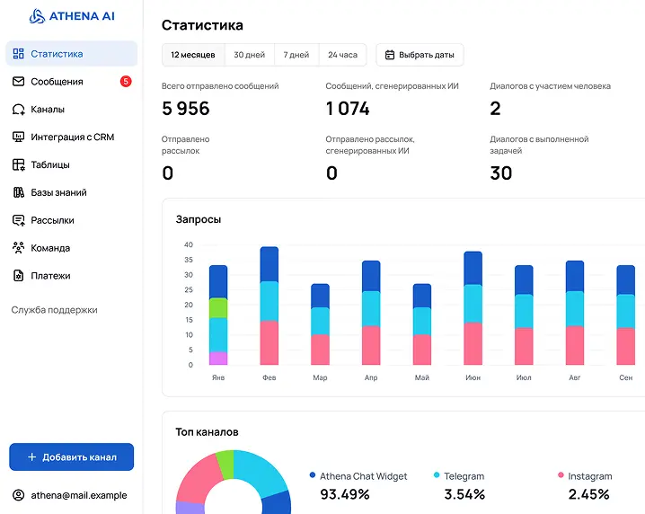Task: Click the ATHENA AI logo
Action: click(72, 15)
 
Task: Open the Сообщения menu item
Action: click(57, 82)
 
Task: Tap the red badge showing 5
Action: click(126, 82)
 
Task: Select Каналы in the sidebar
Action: click(47, 110)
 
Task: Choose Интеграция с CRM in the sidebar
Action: click(72, 137)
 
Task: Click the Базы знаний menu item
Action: click(58, 192)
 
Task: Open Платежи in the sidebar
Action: click(50, 276)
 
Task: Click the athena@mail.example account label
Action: click(78, 495)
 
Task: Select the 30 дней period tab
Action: click(249, 55)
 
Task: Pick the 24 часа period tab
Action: click(342, 55)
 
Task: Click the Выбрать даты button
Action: click(420, 55)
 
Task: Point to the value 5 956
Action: click(185, 109)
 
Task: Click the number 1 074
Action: click(348, 109)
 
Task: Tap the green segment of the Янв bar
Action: click(218, 308)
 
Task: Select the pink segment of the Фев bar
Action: click(269, 342)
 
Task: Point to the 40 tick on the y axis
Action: click(188, 244)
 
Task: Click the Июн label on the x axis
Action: click(473, 378)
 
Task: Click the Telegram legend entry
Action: click(464, 476)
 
